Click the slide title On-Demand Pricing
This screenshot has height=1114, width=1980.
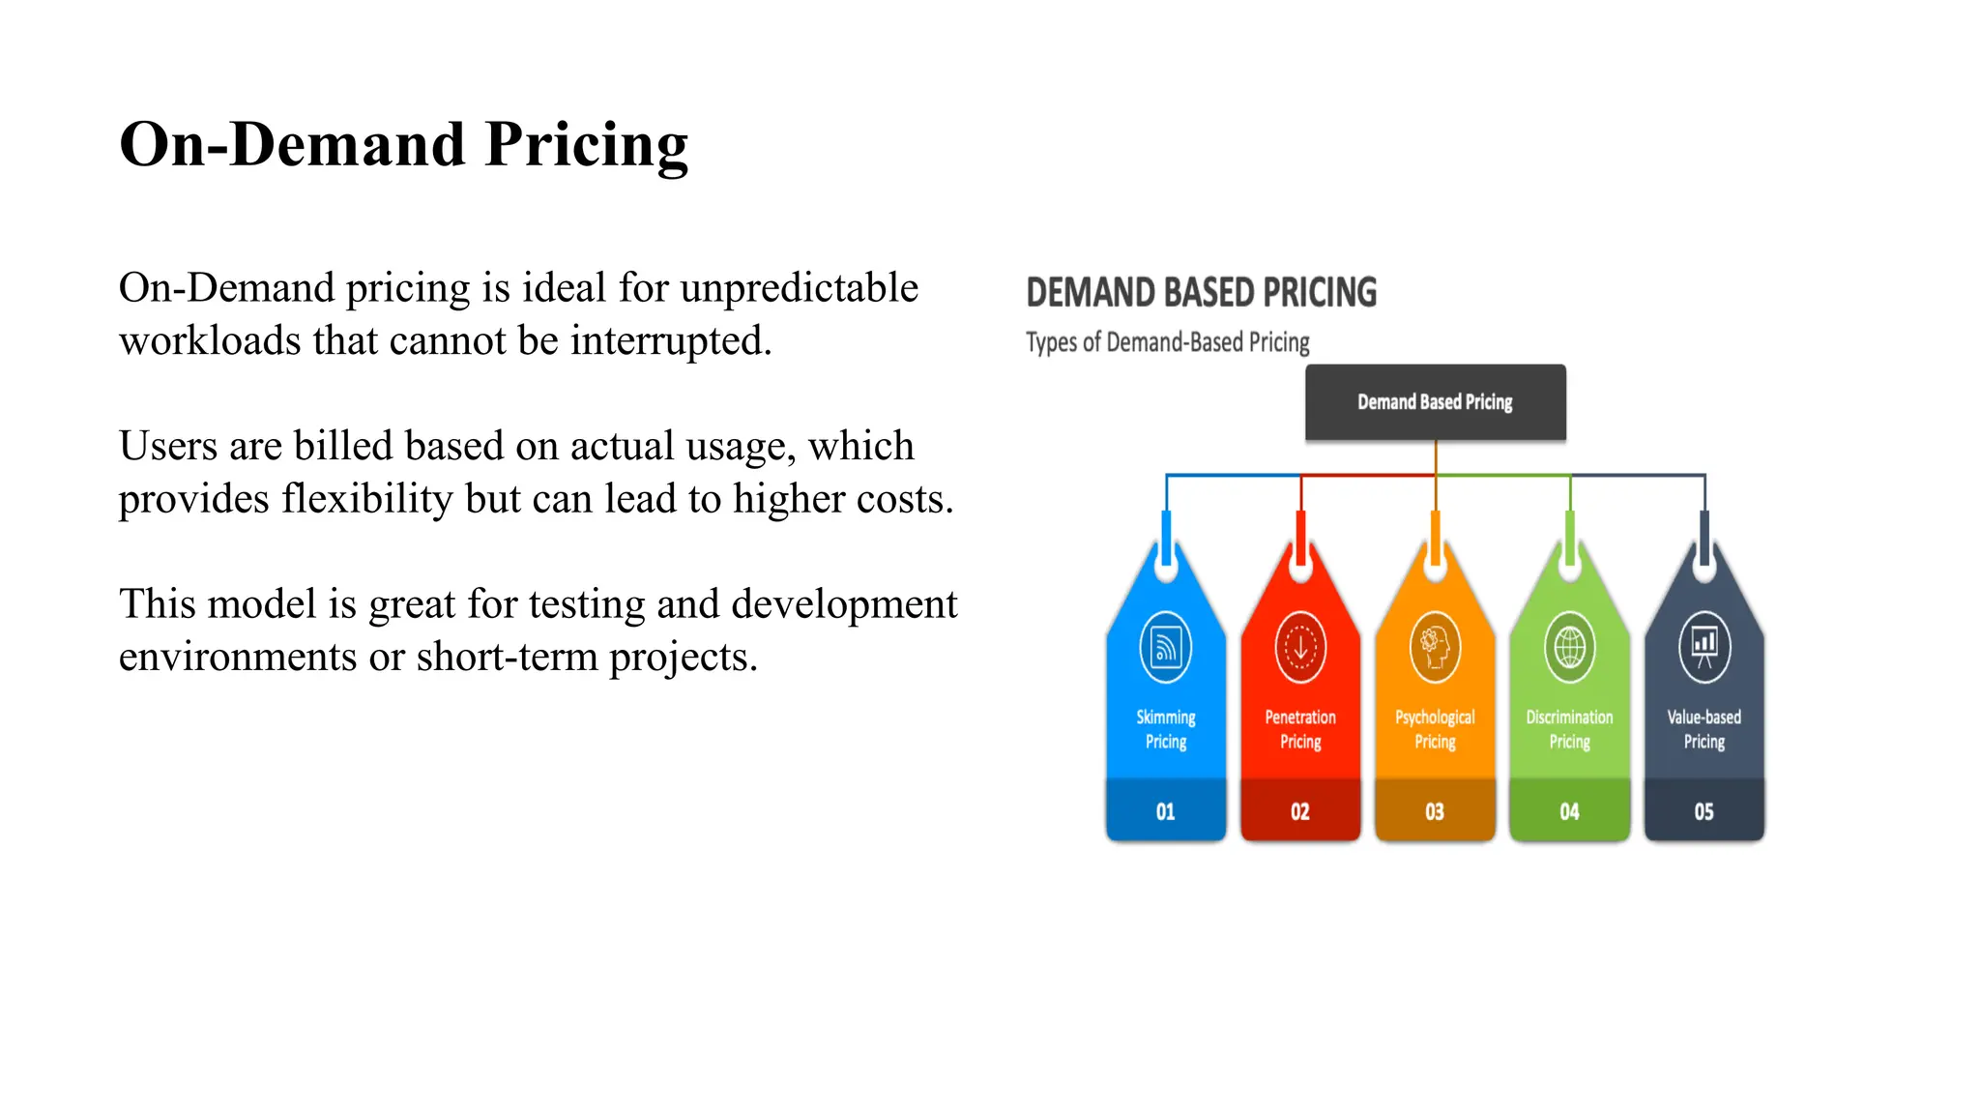pos(403,145)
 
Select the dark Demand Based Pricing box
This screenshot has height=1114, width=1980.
pos(1435,402)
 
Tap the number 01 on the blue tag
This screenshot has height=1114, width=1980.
pos(1165,812)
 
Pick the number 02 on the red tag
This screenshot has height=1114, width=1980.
pos(1300,812)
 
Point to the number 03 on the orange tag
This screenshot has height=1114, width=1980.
pos(1435,812)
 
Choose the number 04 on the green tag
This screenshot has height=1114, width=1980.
pos(1569,812)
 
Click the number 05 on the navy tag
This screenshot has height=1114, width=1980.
pos(1703,812)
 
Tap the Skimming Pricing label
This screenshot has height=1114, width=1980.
pos(1166,729)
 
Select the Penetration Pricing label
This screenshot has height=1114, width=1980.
pos(1300,729)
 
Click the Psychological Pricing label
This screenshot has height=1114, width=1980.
pos(1435,729)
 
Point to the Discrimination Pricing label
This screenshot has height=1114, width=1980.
pos(1569,729)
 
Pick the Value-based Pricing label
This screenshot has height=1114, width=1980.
pos(1703,729)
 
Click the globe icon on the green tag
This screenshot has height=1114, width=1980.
pos(1569,647)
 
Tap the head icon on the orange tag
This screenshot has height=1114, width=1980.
pos(1435,647)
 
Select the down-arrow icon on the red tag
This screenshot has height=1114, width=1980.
pos(1300,647)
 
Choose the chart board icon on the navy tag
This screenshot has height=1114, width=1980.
pos(1703,647)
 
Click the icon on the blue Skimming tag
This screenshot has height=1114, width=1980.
pos(1166,647)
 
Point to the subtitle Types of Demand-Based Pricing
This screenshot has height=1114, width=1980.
pos(1167,342)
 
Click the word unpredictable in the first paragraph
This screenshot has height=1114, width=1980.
pos(799,288)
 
